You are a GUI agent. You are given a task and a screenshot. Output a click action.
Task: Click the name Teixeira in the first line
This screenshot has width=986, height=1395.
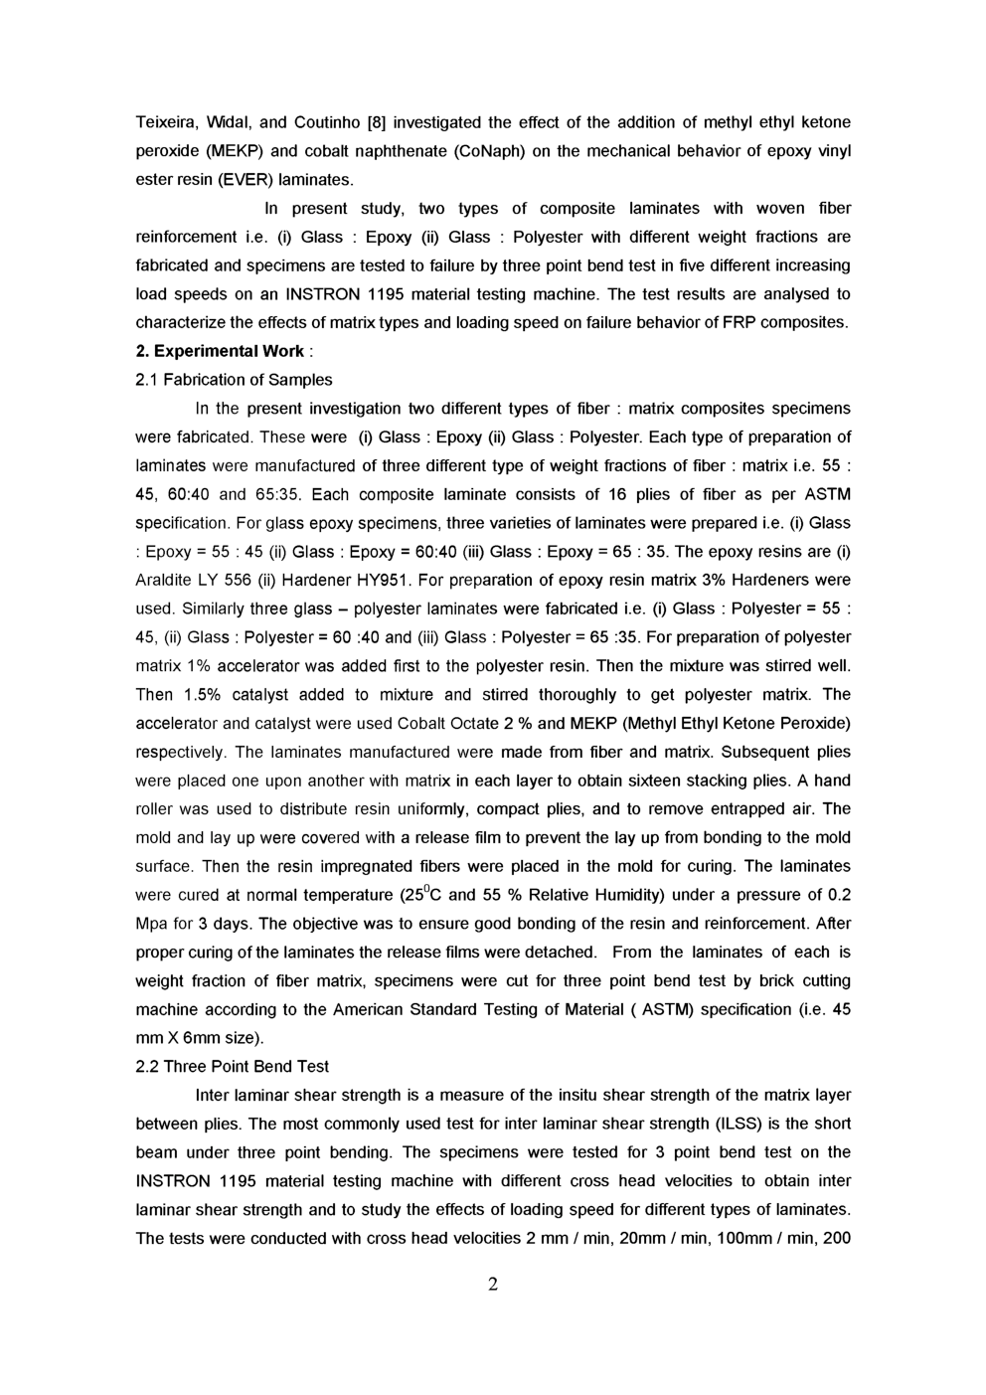(165, 122)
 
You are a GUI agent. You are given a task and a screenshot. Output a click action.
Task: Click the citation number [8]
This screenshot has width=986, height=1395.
(377, 122)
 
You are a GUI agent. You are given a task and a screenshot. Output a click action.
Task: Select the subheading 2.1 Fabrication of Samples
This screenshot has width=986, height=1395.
(234, 380)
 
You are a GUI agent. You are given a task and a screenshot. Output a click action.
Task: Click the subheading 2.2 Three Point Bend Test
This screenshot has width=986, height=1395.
(232, 1067)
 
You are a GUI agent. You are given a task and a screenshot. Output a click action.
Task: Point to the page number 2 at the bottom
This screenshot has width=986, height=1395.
(493, 1285)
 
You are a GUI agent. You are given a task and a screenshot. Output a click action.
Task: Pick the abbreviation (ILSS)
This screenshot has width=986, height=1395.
(741, 1124)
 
